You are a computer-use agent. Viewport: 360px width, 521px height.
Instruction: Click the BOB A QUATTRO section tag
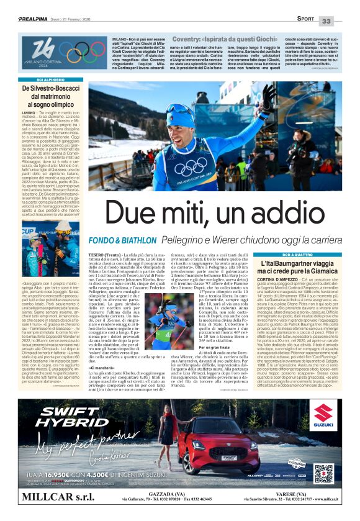[x=297, y=255]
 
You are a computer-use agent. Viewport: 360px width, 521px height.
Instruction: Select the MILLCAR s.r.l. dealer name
[x=57, y=498]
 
